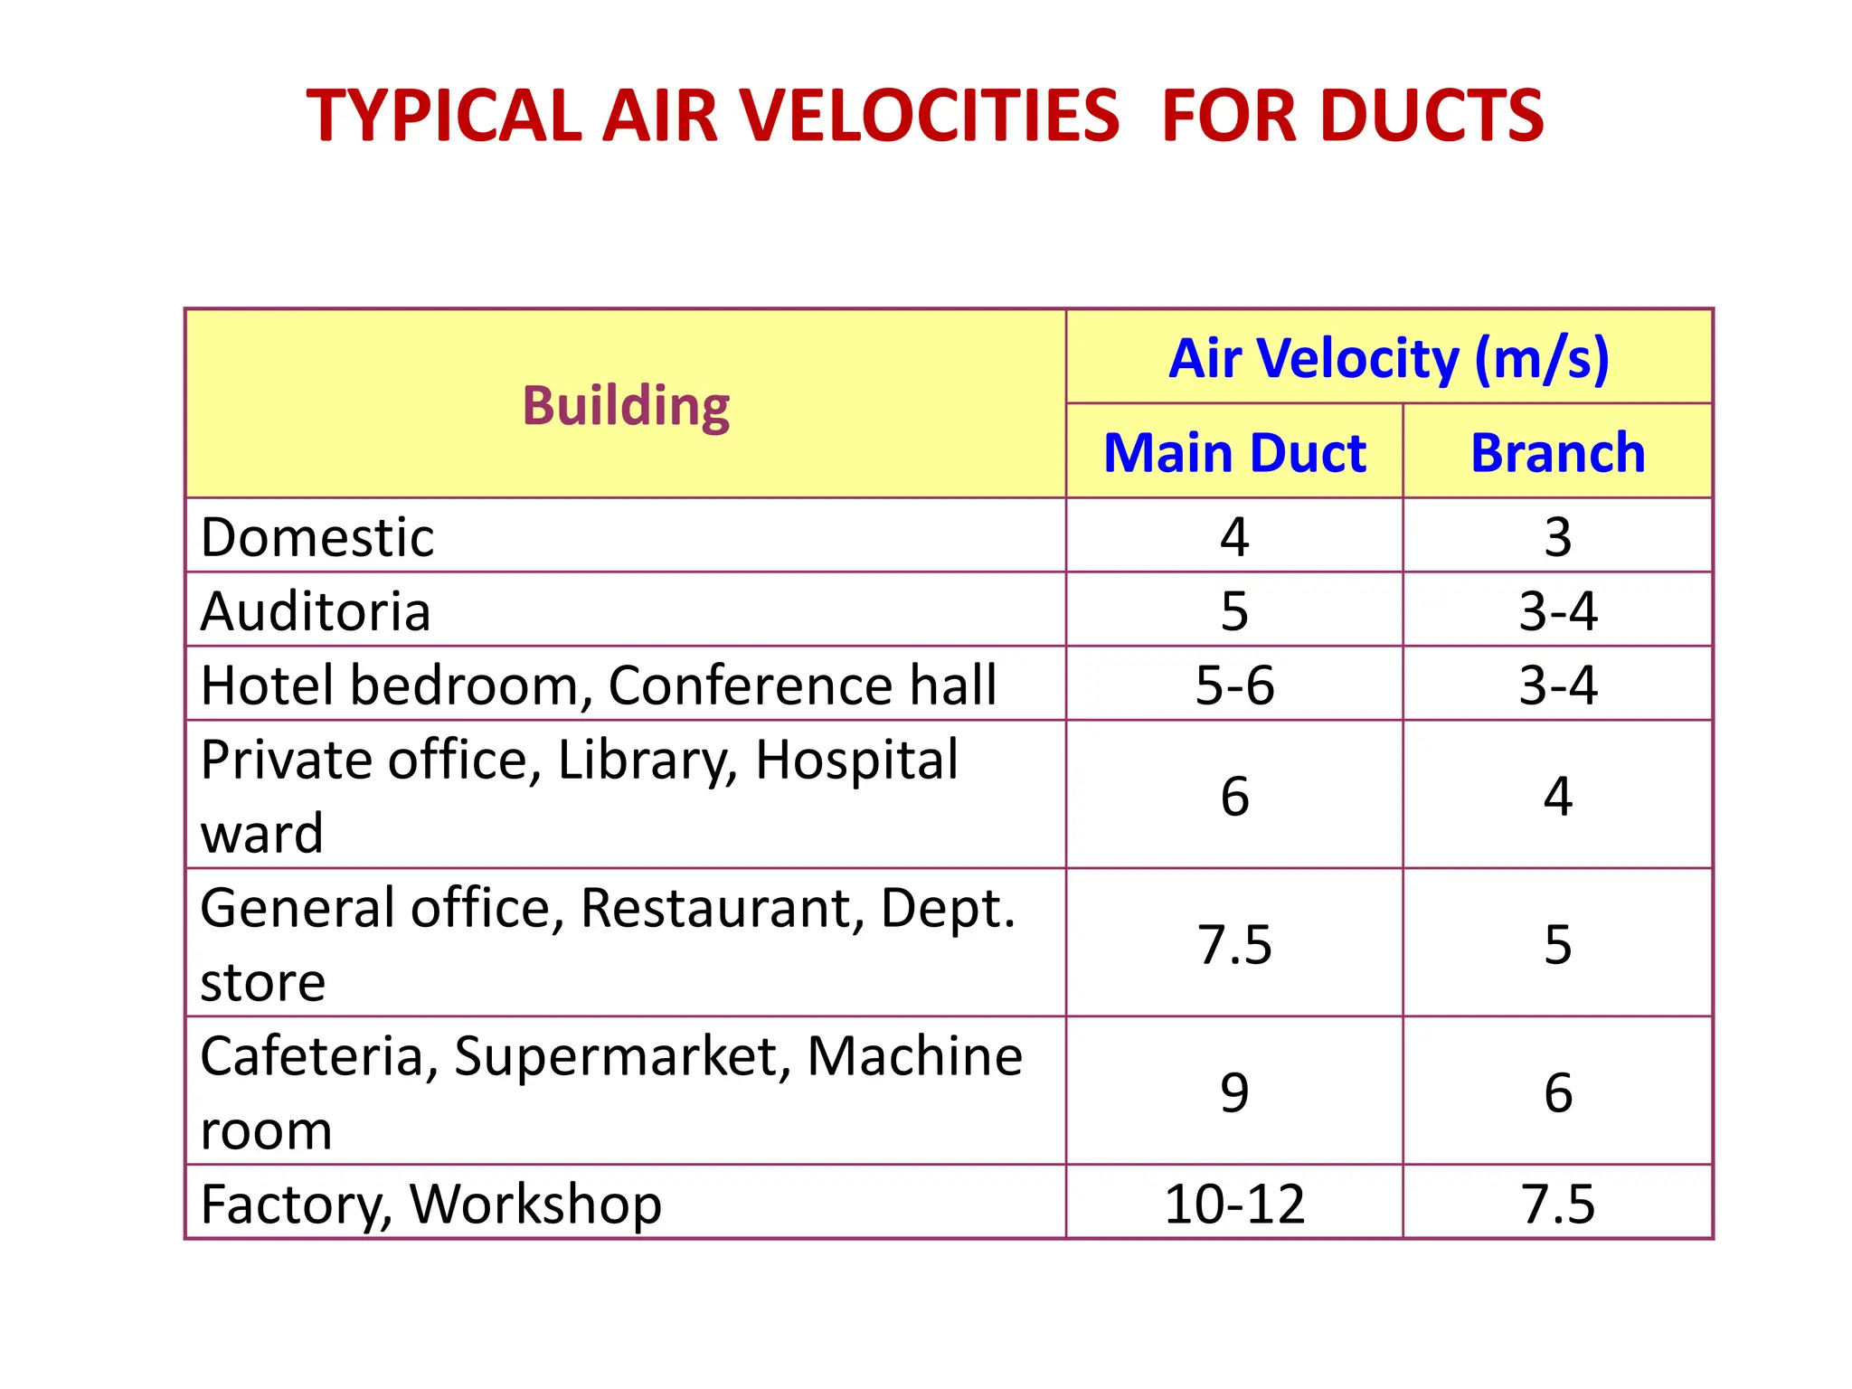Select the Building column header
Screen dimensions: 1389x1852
pos(626,405)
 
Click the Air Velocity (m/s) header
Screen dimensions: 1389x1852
pos(1389,358)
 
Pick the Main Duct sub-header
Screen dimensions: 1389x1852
pos(1234,452)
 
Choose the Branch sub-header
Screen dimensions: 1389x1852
pos(1557,452)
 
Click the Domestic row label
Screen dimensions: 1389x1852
pos(317,537)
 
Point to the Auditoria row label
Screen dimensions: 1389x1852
pos(316,611)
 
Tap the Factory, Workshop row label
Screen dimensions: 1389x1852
pos(431,1204)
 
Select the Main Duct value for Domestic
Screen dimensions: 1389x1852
pos(1234,537)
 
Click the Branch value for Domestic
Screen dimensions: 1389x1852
pos(1557,537)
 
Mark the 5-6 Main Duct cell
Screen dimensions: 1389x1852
pos(1234,685)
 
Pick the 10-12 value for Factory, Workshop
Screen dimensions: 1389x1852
pos(1234,1204)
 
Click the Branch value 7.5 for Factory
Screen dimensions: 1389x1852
pos(1557,1204)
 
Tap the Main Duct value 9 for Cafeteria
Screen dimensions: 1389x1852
pos(1234,1092)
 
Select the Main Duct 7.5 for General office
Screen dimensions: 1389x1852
pos(1234,944)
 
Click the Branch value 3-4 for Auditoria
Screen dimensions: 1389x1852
pos(1557,611)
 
